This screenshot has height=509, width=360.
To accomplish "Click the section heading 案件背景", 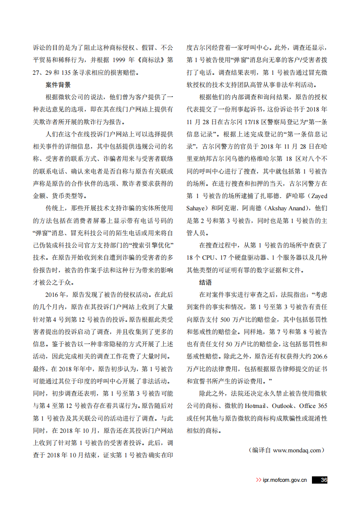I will tap(58, 85).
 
